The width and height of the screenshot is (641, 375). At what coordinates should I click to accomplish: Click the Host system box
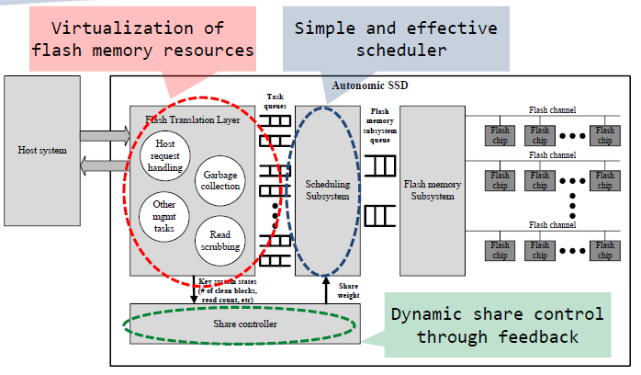(42, 150)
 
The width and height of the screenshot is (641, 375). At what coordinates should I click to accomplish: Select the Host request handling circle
(166, 155)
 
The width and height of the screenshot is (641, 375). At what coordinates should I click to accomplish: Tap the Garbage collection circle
(221, 180)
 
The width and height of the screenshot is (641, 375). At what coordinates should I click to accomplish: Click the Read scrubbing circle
(220, 240)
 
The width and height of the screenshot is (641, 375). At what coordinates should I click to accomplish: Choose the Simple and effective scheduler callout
(396, 38)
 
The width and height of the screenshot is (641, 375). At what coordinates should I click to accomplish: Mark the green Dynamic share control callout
(498, 324)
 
